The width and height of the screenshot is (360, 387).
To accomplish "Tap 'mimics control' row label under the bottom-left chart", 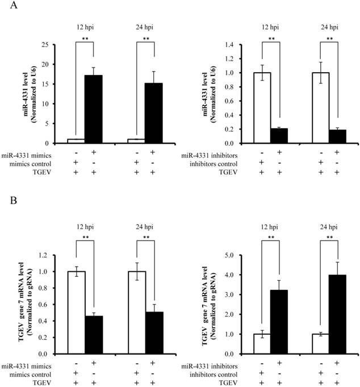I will pos(44,375).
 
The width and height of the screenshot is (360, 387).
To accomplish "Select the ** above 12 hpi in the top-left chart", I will pos(86,39).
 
